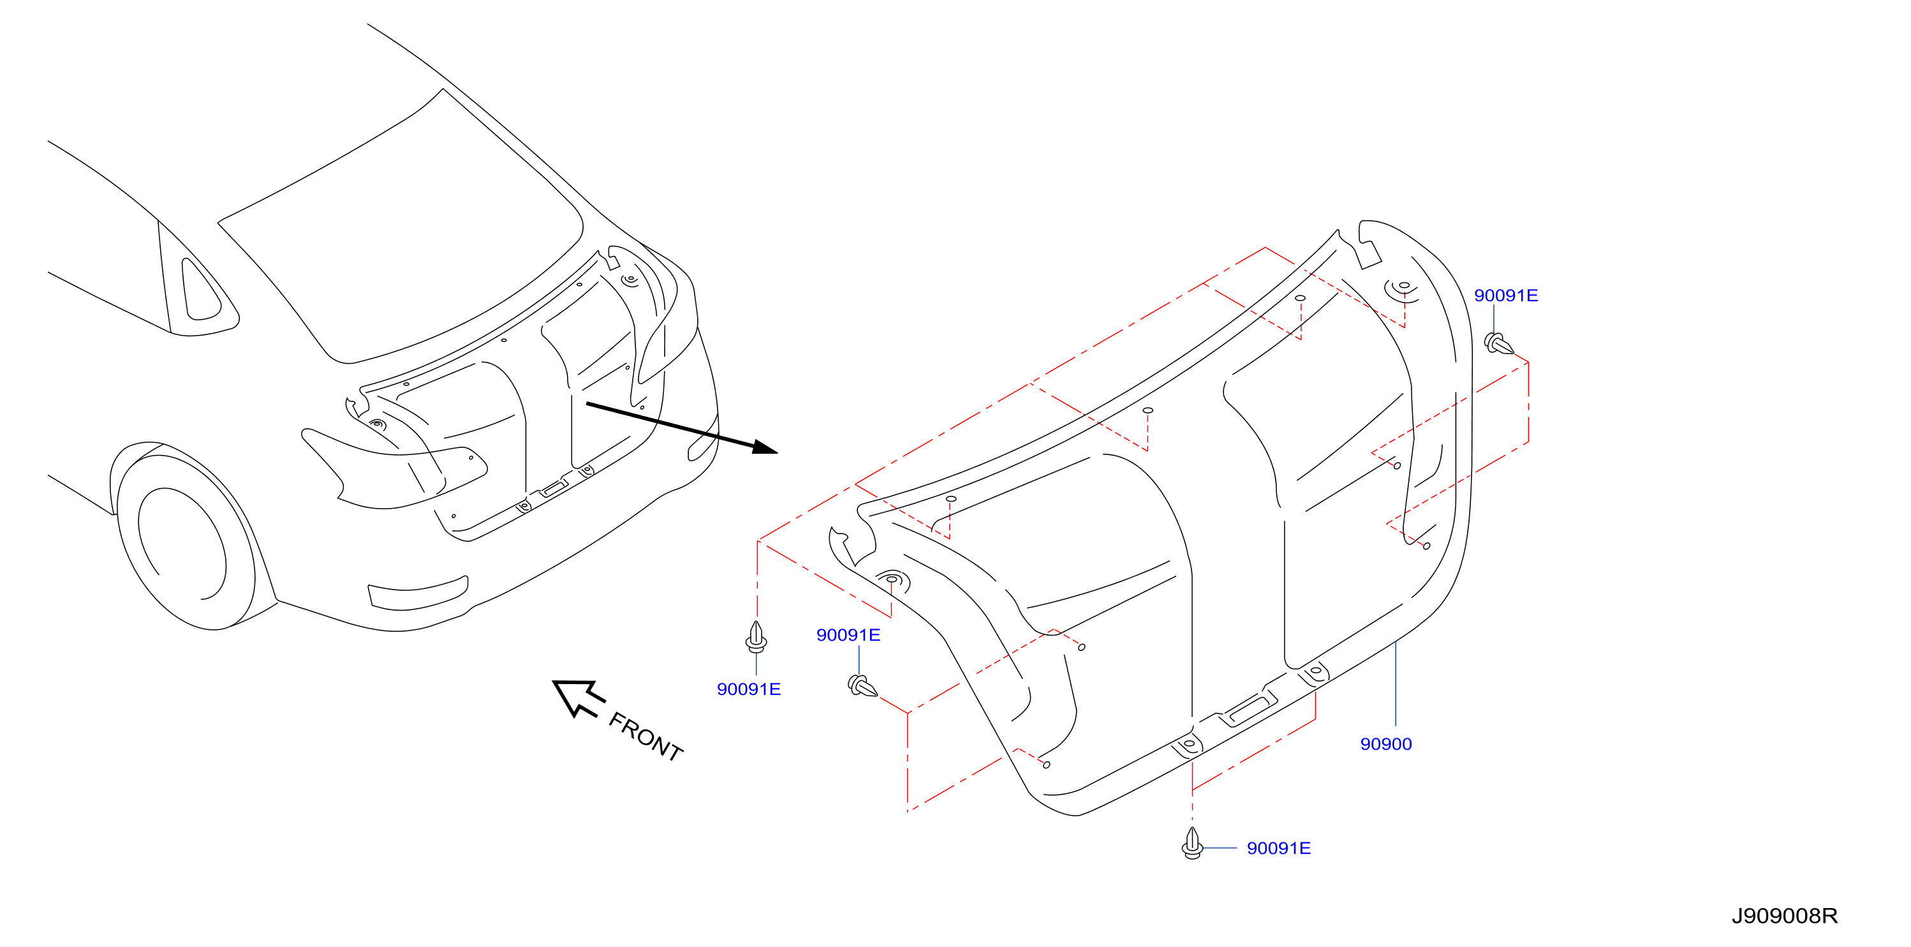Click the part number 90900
(x=1386, y=743)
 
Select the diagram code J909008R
(x=1784, y=916)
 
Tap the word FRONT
(x=646, y=737)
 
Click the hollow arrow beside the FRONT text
(x=579, y=697)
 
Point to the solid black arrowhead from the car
(x=764, y=447)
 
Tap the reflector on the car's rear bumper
(x=418, y=593)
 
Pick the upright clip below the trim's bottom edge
(x=1192, y=843)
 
